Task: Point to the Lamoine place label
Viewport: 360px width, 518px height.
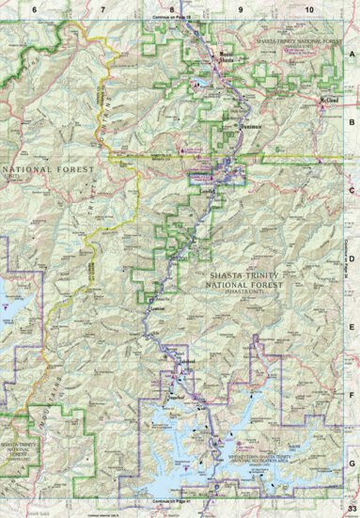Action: pos(158,307)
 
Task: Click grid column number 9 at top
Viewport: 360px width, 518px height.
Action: pos(241,8)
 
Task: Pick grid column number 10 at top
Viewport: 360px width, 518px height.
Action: pos(309,8)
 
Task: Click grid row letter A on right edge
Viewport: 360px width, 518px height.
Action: pos(352,55)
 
